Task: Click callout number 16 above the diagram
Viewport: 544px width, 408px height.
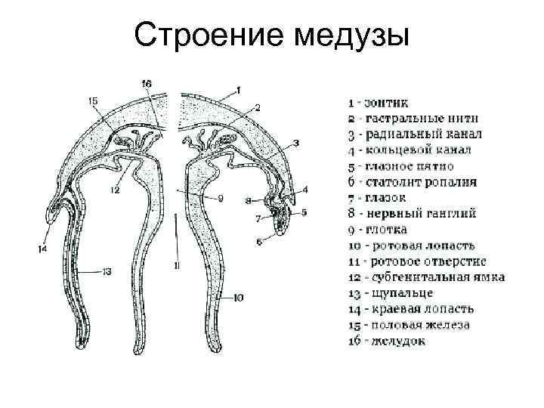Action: pos(147,82)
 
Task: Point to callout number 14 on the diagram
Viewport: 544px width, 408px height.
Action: pos(42,247)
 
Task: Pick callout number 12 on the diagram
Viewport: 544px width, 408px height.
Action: pos(115,191)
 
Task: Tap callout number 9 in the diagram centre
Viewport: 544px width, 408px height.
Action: pos(220,199)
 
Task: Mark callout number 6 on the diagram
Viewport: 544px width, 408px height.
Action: pos(258,242)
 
